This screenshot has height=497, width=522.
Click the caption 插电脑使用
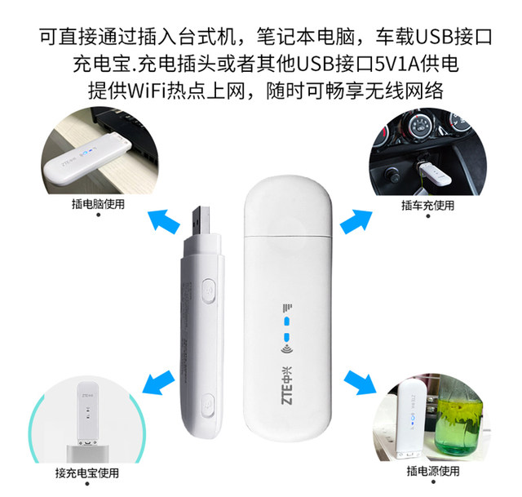click(x=99, y=204)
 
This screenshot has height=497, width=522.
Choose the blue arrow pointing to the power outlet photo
click(x=359, y=380)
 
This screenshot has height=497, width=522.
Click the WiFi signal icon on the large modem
click(x=286, y=353)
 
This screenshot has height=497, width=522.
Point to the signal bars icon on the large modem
click(x=287, y=308)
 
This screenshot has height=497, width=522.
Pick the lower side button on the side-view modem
click(x=209, y=402)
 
